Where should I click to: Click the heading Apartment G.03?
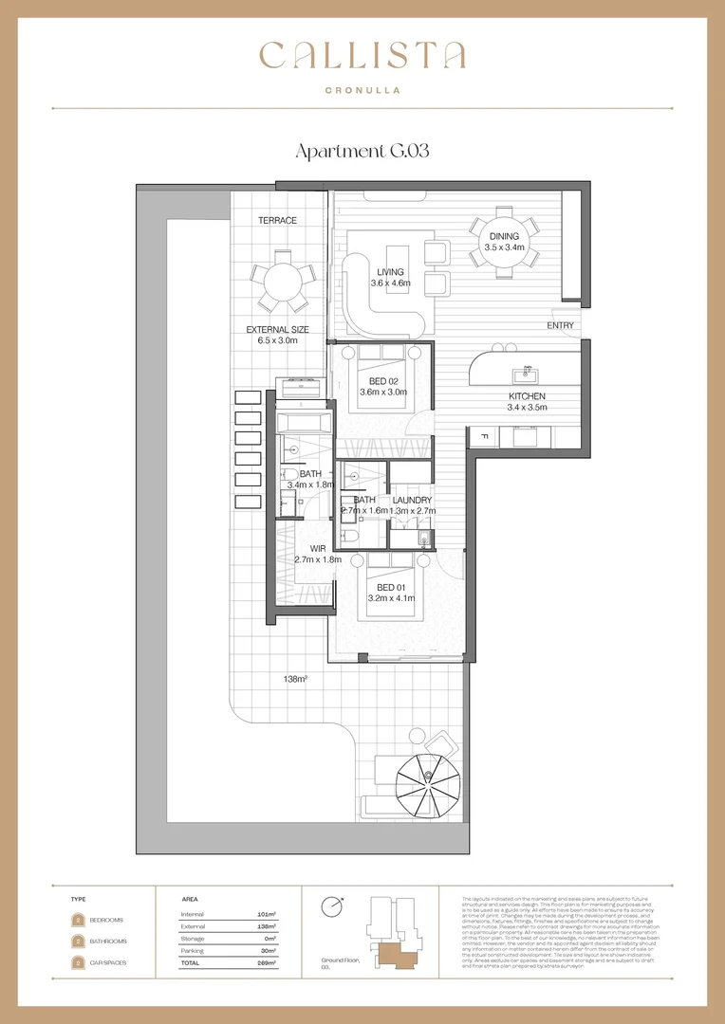[x=362, y=152]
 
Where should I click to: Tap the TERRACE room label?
[x=277, y=221]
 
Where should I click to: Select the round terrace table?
[x=282, y=281]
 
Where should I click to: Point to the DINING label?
[x=503, y=236]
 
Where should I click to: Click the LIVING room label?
[x=390, y=272]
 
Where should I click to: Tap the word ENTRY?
[x=560, y=325]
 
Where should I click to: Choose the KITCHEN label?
[x=527, y=396]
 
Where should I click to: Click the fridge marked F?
[x=483, y=436]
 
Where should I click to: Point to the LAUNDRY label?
[x=412, y=500]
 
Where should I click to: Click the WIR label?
[x=306, y=548]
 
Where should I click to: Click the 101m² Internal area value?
[x=266, y=914]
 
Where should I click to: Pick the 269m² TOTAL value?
[x=266, y=962]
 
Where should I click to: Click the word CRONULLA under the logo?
[x=362, y=90]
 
